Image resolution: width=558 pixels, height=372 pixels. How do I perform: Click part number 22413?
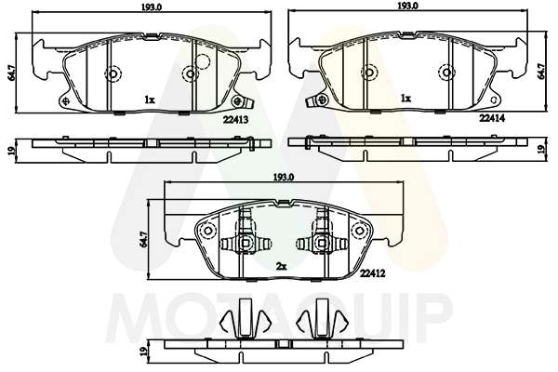coord(235,120)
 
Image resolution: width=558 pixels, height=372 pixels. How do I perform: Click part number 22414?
coord(492,118)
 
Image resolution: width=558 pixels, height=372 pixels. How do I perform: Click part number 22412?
coord(373,273)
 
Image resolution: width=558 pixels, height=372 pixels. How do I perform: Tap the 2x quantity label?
coord(281,266)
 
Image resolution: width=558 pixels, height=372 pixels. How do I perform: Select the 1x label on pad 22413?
coord(150,100)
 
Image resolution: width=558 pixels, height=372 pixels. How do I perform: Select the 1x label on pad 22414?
coord(406,99)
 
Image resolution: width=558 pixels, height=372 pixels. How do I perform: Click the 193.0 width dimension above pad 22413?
coord(152,7)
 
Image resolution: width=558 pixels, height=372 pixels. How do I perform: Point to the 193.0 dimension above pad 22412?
coord(284,177)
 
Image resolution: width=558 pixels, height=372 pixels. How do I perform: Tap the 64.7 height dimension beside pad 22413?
coord(11,73)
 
